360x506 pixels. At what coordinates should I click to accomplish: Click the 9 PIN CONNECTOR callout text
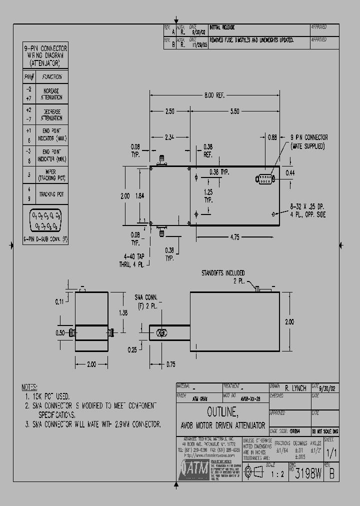309,137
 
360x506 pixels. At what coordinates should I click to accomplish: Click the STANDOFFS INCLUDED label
223,273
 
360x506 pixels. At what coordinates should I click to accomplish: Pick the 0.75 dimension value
171,364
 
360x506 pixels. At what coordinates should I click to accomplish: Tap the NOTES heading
29,387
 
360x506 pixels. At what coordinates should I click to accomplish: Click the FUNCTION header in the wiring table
51,76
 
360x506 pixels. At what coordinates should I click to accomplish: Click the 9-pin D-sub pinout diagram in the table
45,220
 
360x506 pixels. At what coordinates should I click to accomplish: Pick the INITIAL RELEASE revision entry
222,27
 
